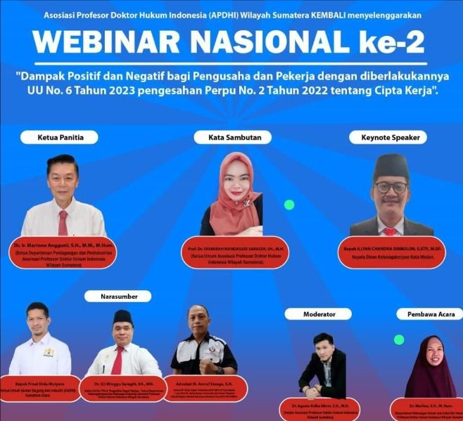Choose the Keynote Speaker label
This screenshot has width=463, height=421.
coord(388,137)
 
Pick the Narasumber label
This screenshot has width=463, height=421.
coord(118,296)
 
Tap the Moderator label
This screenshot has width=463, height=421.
coord(319,313)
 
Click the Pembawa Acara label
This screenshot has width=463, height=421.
coord(429,313)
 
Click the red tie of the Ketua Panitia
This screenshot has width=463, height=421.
coord(63,222)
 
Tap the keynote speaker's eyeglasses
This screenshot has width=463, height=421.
coord(391,187)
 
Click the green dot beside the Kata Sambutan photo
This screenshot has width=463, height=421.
coord(288,205)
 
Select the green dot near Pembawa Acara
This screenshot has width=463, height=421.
coord(399,339)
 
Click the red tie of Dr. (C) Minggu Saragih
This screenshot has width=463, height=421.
coord(118,360)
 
